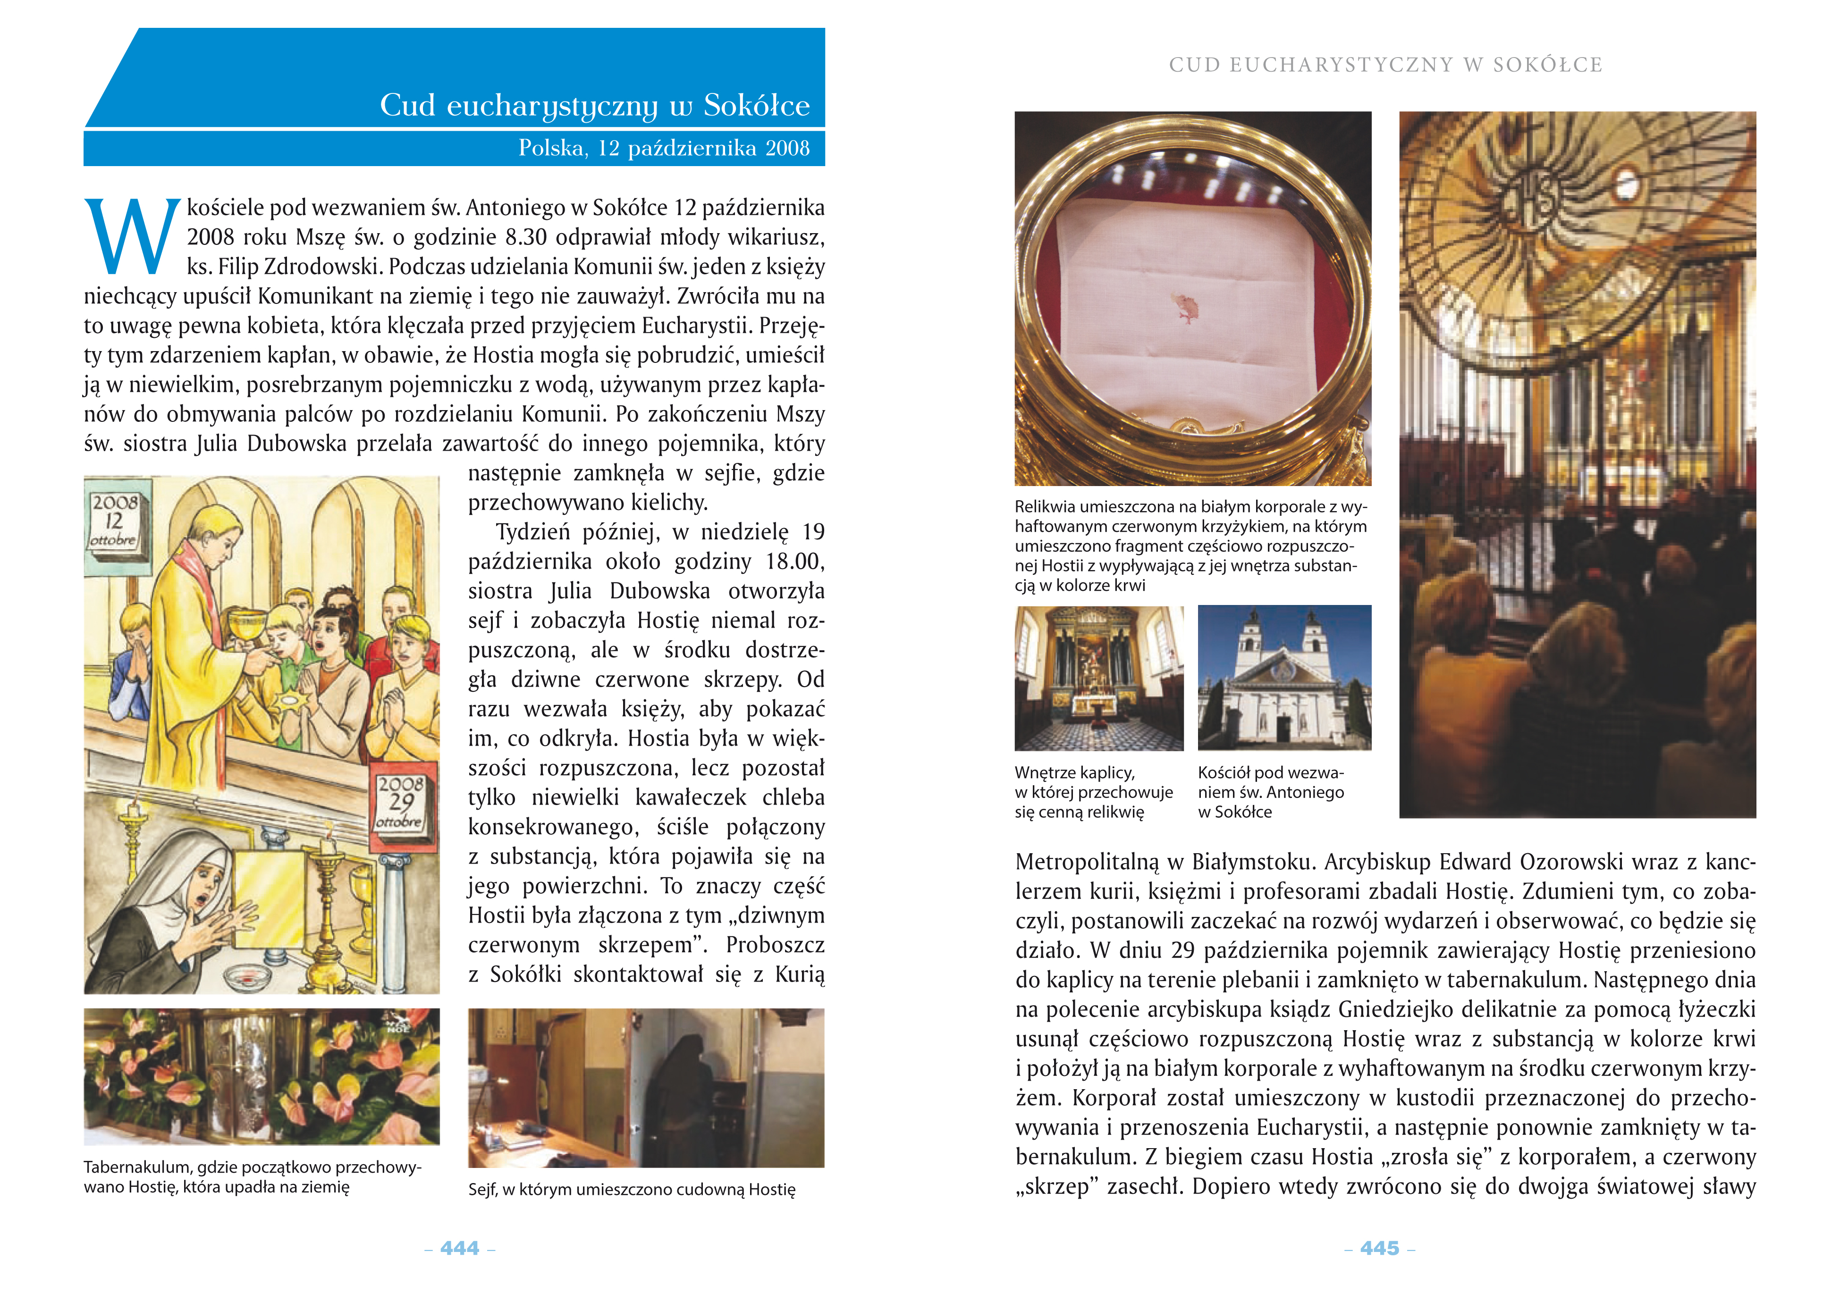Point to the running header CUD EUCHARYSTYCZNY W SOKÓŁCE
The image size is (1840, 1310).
[1385, 65]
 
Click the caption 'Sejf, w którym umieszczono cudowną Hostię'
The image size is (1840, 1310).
[632, 1189]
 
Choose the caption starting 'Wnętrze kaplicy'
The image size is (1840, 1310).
[1093, 792]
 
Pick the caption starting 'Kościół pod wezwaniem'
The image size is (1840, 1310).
[1271, 792]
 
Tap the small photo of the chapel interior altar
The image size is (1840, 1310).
[1099, 678]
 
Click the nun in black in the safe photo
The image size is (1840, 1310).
[684, 1089]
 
